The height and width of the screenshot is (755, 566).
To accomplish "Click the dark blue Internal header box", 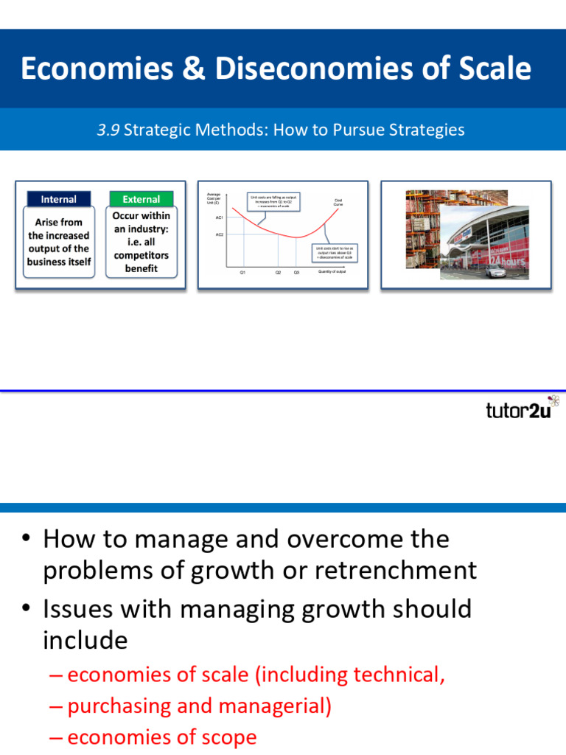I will (x=58, y=199).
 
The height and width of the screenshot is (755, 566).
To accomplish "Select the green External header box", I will (x=141, y=199).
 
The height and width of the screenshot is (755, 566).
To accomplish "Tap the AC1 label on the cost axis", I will (x=219, y=218).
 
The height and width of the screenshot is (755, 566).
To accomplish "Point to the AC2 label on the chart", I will (x=219, y=234).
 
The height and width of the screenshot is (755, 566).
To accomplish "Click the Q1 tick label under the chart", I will (x=242, y=273).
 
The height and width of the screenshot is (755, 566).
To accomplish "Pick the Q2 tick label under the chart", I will (x=279, y=273).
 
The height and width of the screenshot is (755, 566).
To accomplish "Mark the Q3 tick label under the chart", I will (x=296, y=273).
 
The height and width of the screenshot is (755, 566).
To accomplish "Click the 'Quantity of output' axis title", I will (x=332, y=272).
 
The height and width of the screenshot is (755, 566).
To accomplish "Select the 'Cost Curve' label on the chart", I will (x=338, y=202).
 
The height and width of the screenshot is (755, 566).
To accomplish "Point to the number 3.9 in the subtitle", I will (x=108, y=131).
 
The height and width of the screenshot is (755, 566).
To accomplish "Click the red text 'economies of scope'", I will (x=161, y=737).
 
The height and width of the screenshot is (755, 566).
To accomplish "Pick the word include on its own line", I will (x=85, y=640).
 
